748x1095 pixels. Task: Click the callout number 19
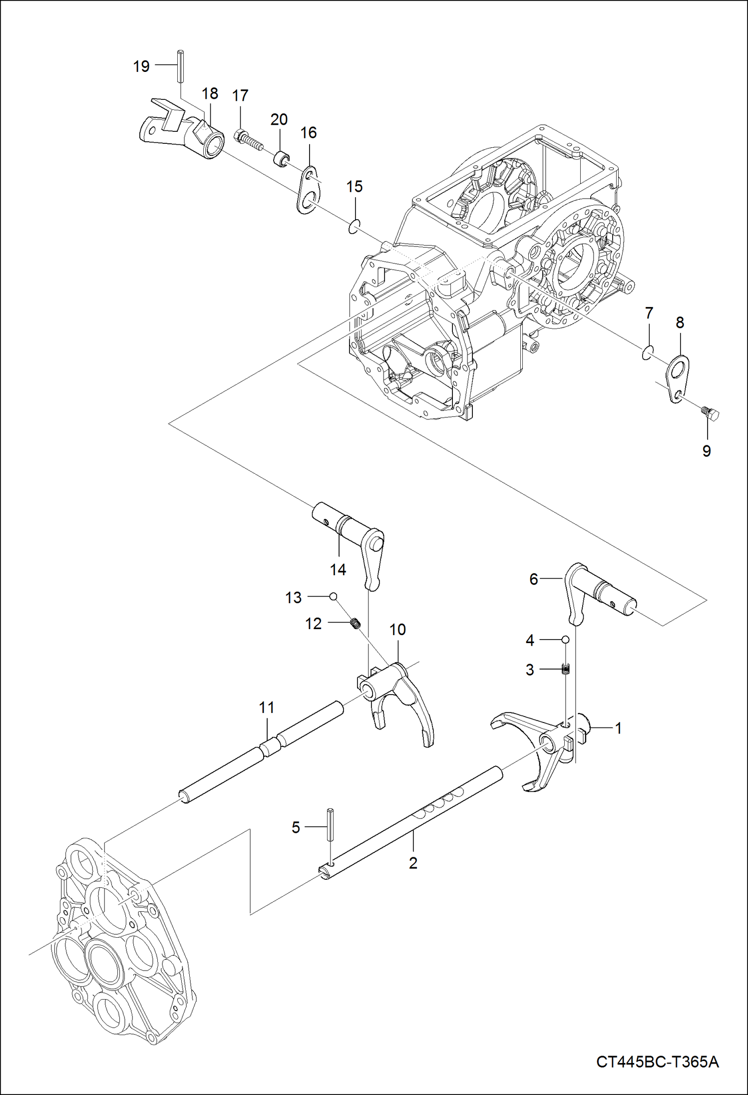141,66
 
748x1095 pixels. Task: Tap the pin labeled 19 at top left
180,66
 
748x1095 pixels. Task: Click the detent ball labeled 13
333,596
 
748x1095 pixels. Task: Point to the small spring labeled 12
355,624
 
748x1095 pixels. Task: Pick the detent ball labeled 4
565,639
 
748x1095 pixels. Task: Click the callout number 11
267,708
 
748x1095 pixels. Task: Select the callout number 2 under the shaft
413,863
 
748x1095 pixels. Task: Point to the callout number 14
338,570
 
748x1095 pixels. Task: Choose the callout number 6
534,579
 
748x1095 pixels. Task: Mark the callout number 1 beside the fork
618,729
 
